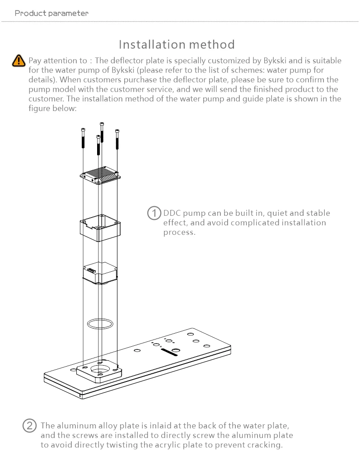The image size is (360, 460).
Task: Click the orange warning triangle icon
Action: [19, 61]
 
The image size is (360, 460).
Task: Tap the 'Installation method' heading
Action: [177, 45]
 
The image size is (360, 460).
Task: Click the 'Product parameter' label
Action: [51, 13]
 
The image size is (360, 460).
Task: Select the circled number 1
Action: [154, 213]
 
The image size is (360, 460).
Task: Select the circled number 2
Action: [30, 426]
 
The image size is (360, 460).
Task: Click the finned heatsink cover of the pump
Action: [100, 175]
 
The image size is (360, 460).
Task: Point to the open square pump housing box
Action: [100, 228]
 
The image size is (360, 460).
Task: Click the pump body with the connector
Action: [100, 273]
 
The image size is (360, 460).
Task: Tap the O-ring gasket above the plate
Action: [100, 324]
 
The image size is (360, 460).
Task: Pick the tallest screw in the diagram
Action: [102, 132]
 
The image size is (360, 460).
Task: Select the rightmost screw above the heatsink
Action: [117, 139]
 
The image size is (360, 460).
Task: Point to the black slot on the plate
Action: [169, 352]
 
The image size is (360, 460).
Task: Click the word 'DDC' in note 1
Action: [172, 213]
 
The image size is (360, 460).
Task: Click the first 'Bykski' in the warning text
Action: [275, 60]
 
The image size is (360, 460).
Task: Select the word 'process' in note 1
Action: [178, 232]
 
